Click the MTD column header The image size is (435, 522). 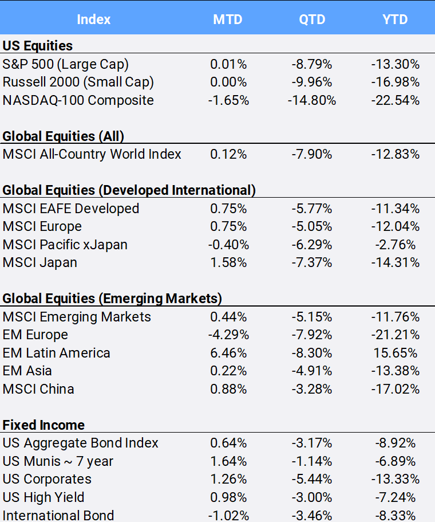[x=228, y=19]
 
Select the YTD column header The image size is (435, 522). [x=395, y=19]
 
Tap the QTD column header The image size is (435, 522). [x=312, y=19]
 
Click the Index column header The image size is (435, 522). [x=94, y=19]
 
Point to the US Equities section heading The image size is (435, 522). [x=38, y=46]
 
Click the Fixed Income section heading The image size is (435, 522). [x=43, y=425]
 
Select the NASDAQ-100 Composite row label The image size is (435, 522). [x=78, y=100]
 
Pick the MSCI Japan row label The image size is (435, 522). [x=40, y=262]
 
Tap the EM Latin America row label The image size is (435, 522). [x=56, y=353]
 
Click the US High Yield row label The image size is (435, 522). [x=43, y=497]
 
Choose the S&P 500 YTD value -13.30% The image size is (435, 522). [x=396, y=64]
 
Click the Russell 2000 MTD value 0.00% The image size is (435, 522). [x=228, y=83]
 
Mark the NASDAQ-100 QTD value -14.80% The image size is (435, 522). [x=312, y=100]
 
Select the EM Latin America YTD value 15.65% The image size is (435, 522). [x=396, y=353]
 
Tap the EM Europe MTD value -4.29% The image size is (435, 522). [x=228, y=335]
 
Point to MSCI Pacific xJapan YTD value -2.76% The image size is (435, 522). [x=396, y=245]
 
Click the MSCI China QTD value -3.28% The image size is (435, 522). [x=312, y=389]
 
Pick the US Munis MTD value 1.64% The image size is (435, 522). [x=228, y=461]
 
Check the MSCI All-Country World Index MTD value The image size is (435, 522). [x=228, y=155]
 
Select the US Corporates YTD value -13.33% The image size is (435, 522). [x=396, y=480]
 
